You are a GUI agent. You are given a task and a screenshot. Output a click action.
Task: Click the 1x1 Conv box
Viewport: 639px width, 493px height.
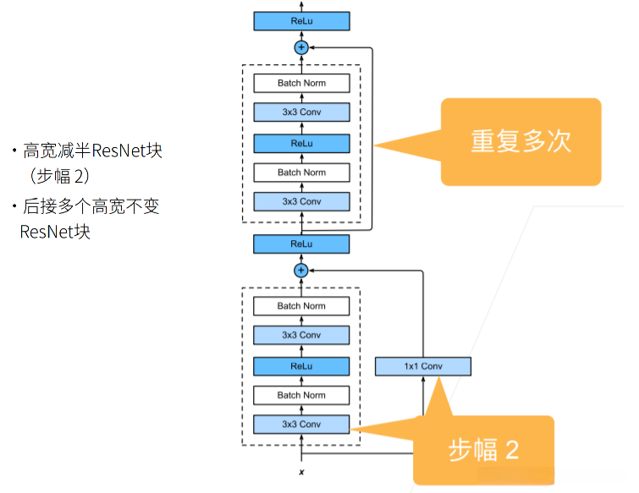422,366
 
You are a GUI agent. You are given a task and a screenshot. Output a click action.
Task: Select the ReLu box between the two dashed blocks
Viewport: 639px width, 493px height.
301,244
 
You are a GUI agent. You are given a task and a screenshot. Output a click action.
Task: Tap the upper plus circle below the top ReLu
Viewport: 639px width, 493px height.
300,47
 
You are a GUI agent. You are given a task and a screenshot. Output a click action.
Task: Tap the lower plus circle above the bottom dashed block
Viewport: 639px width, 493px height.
300,271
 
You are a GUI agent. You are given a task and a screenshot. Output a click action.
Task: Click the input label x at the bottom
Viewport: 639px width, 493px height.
300,471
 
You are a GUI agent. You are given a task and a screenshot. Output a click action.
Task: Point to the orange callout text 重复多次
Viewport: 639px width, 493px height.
521,141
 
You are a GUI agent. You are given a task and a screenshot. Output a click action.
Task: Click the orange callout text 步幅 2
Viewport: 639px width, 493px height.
482,450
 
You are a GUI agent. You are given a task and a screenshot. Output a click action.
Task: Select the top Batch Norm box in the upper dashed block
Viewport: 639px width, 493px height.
301,83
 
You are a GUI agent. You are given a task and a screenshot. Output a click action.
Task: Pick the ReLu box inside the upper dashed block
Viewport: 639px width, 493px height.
301,143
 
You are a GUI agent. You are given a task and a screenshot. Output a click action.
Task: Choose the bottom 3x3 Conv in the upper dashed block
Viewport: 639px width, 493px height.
301,201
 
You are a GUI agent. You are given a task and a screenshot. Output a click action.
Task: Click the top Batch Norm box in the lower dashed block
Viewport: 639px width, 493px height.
301,306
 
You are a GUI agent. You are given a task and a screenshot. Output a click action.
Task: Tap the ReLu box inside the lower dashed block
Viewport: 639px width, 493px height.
301,366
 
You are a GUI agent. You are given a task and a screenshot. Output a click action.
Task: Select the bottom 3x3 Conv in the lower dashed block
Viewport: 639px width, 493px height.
301,425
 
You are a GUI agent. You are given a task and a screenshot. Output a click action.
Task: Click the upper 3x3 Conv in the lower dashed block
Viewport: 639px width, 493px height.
301,336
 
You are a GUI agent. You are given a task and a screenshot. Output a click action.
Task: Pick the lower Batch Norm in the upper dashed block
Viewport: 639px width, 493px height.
301,173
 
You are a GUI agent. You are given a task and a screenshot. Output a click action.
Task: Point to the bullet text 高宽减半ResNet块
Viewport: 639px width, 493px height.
92,152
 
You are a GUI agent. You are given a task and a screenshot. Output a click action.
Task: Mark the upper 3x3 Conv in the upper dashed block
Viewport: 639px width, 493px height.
301,112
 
